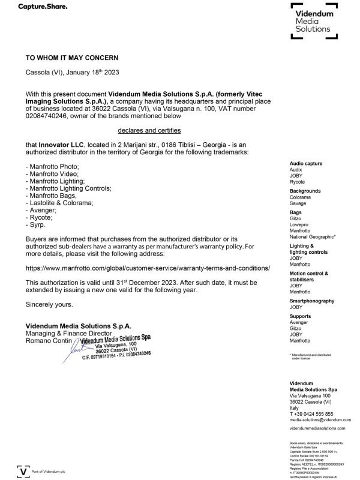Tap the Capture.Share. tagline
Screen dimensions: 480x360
point(43,7)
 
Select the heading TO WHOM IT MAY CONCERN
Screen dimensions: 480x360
point(71,58)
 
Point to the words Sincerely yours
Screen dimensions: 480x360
point(49,304)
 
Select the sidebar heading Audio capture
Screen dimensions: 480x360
point(305,164)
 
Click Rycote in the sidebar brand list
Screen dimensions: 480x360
point(297,182)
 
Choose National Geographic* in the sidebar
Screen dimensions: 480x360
point(313,236)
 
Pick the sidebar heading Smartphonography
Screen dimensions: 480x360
point(311,301)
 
